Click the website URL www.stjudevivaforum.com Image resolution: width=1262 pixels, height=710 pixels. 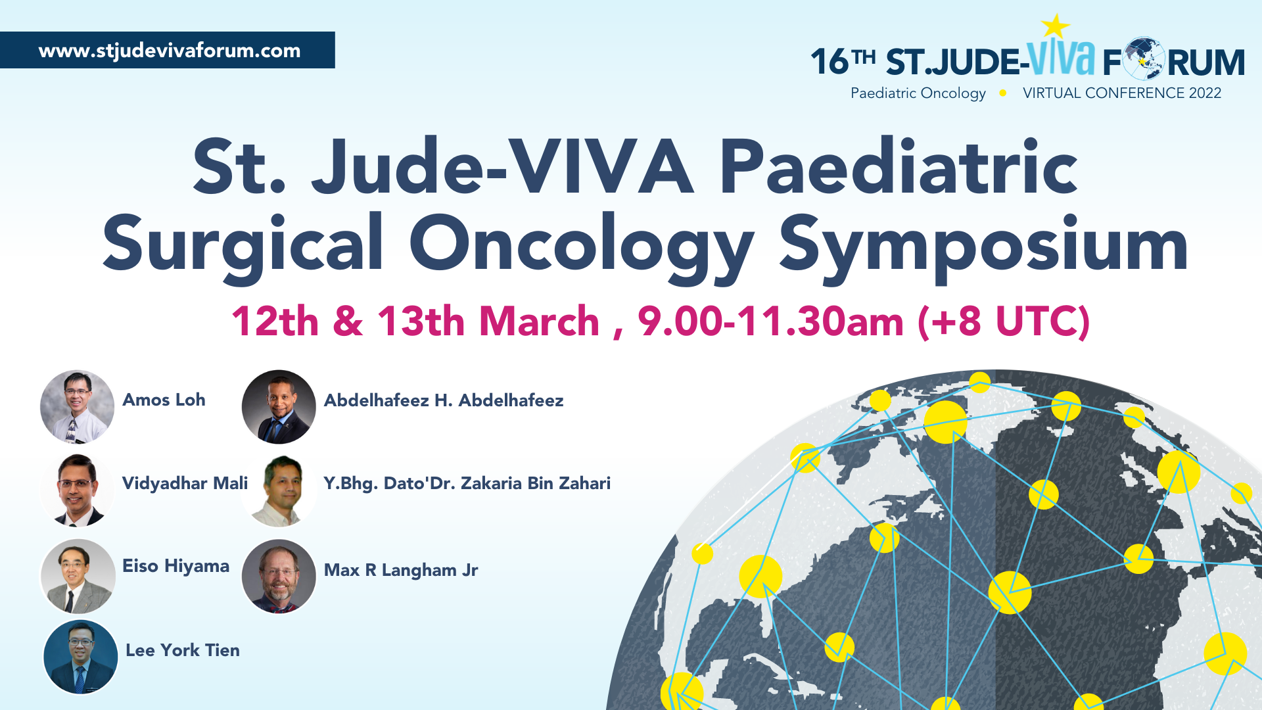pos(170,51)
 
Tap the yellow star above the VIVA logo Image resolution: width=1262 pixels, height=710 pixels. pos(1056,26)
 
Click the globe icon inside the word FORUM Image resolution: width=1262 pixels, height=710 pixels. pos(1144,59)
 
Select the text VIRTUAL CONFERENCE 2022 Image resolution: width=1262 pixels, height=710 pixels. pos(1122,93)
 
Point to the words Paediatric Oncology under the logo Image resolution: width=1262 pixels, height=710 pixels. pos(918,94)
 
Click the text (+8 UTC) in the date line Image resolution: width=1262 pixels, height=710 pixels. pos(1004,321)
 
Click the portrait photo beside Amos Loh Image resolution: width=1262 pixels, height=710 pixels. pos(77,406)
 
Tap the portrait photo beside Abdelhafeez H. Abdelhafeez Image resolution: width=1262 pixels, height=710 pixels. pos(279,406)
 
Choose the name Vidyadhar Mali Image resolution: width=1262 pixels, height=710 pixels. pos(185,483)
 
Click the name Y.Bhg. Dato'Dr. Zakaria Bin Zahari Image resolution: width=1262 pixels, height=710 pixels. pos(467,483)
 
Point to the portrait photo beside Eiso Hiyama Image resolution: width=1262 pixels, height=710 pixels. pos(78,577)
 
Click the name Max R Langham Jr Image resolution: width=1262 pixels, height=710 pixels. pos(401,570)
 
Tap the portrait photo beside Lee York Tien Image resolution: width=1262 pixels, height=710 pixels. pos(80,657)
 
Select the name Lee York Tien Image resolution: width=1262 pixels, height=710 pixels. pos(183,650)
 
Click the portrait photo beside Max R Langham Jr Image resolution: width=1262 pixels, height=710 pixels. pos(279,577)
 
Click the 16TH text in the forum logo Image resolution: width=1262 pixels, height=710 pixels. pos(843,60)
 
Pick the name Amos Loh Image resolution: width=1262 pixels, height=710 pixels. pos(164,400)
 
